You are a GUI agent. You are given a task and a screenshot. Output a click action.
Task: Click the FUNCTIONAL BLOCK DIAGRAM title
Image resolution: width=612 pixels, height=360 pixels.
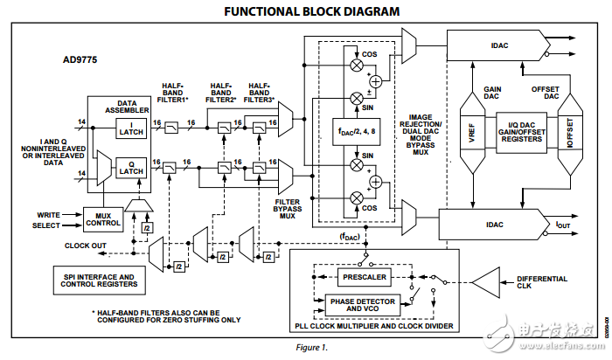point(300,11)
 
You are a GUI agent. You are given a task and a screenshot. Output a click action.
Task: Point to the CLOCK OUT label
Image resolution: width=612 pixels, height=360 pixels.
point(87,246)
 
